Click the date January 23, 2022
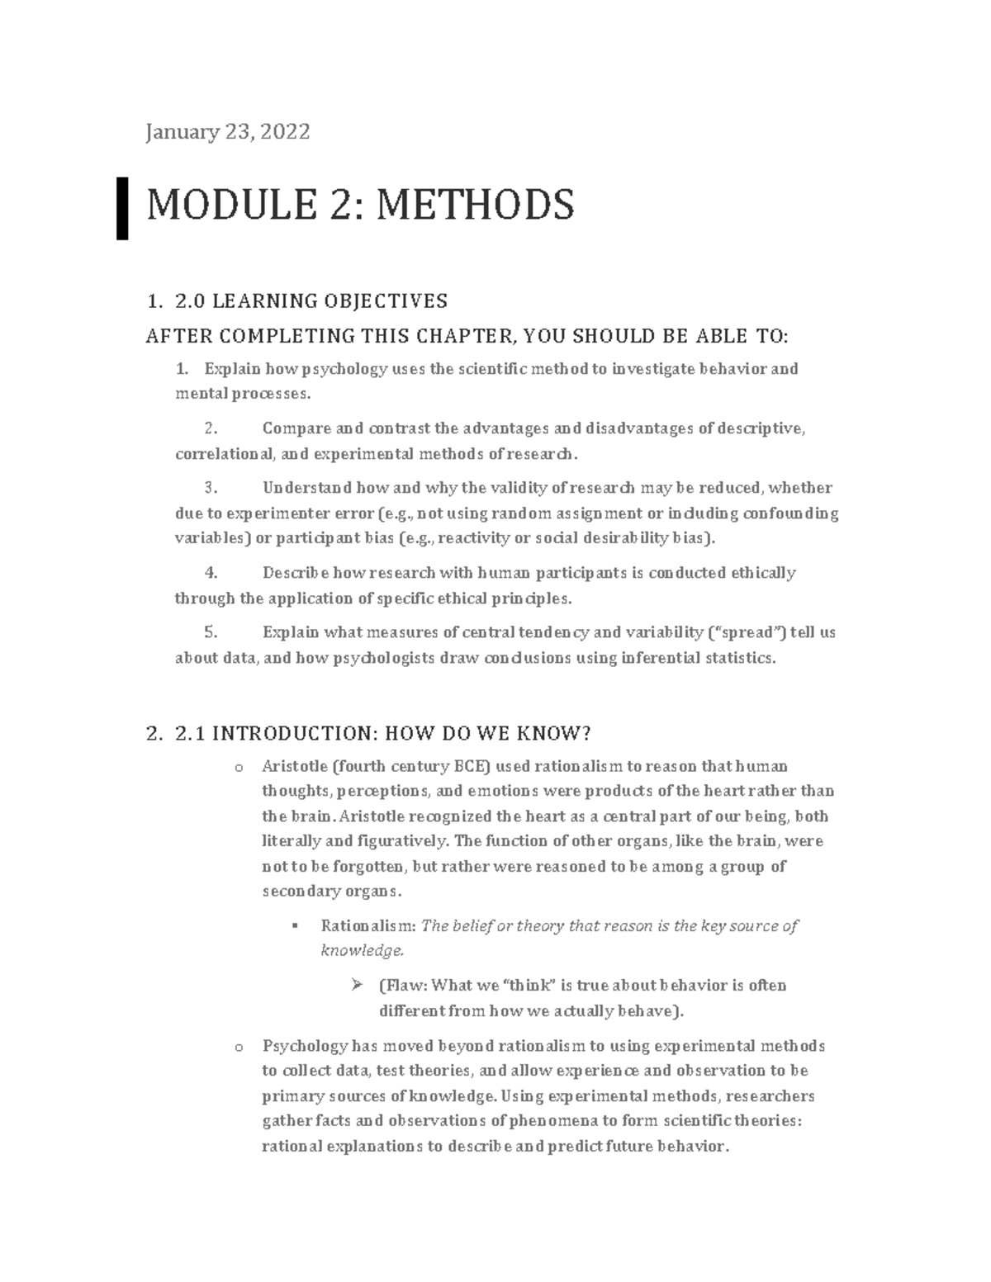(227, 131)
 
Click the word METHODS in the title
(475, 205)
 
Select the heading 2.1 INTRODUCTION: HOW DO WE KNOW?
(384, 733)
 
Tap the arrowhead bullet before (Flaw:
(357, 984)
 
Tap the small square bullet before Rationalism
(294, 925)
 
